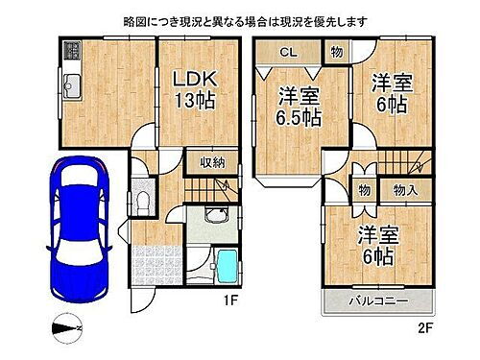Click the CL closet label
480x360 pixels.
(287, 53)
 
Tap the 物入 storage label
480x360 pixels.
(405, 191)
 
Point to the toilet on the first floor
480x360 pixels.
(141, 203)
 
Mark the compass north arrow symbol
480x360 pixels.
(68, 328)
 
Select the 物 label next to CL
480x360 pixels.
(336, 52)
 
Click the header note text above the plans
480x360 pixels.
(240, 19)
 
